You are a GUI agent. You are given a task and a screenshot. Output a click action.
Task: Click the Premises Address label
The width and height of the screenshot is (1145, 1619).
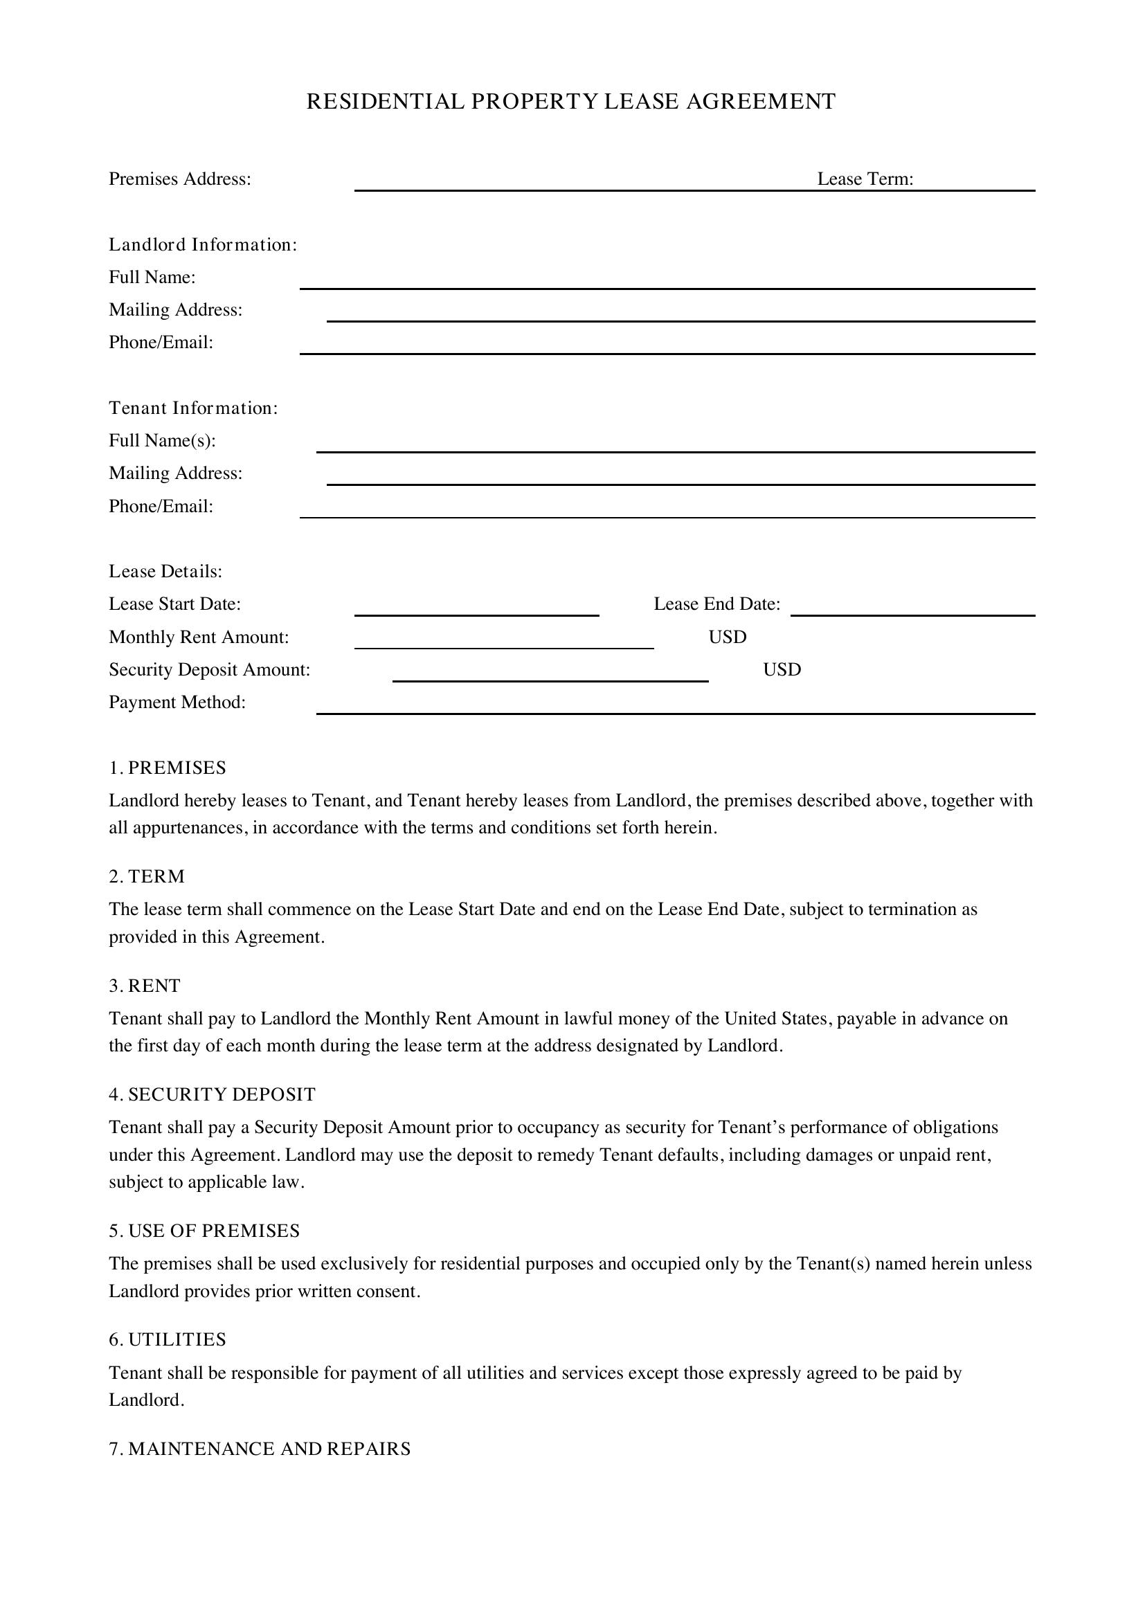click(x=180, y=179)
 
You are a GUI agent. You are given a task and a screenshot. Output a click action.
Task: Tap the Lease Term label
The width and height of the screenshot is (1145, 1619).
click(x=865, y=179)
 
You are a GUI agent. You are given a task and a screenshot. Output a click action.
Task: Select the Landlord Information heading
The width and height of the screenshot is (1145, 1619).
click(x=203, y=244)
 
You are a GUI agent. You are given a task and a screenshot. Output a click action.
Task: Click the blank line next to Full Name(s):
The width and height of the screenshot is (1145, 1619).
click(x=675, y=444)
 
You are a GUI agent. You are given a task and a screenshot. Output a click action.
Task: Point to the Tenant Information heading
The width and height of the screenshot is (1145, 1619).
click(x=193, y=408)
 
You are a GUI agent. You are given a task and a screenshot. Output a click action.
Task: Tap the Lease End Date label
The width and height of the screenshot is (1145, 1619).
click(x=716, y=604)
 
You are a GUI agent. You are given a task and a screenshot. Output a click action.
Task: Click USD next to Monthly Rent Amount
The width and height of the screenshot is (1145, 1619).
click(x=727, y=637)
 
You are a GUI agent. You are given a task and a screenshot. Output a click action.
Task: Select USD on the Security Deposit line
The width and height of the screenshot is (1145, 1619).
click(x=782, y=670)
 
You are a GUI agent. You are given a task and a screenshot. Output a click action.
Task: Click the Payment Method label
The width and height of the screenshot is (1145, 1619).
click(x=177, y=703)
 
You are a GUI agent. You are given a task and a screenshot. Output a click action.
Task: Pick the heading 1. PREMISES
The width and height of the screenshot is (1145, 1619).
click(x=167, y=768)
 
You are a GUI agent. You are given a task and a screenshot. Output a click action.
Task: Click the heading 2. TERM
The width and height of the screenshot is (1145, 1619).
click(x=147, y=876)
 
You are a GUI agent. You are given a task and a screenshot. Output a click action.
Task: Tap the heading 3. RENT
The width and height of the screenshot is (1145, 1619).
click(x=145, y=986)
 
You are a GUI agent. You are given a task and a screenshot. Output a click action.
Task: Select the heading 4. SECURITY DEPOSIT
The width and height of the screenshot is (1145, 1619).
click(x=213, y=1094)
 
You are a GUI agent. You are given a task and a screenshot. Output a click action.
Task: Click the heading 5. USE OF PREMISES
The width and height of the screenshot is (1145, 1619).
click(x=204, y=1231)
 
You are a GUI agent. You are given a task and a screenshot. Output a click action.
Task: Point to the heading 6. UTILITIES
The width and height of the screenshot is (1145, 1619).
click(x=167, y=1340)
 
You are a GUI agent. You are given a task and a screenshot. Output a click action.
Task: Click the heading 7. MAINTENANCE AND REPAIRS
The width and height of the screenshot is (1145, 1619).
click(x=260, y=1449)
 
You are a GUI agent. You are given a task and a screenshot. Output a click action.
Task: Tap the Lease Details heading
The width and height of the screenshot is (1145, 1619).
click(x=165, y=572)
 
